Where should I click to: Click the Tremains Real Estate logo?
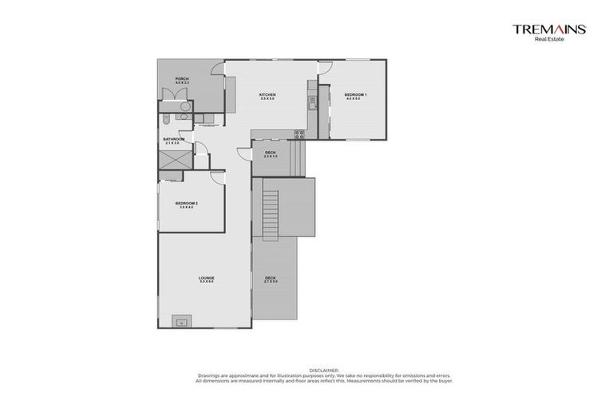pyautogui.click(x=549, y=31)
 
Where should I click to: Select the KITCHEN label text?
pyautogui.click(x=267, y=96)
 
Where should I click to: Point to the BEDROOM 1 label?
pyautogui.click(x=356, y=96)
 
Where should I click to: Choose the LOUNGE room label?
pyautogui.click(x=207, y=279)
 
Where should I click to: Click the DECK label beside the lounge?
pyautogui.click(x=271, y=279)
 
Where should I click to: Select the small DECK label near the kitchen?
pyautogui.click(x=270, y=153)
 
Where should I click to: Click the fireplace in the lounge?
pyautogui.click(x=182, y=322)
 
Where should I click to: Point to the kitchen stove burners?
pyautogui.click(x=299, y=133)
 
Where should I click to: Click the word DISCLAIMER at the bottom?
pyautogui.click(x=323, y=370)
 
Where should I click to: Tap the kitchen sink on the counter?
pyautogui.click(x=312, y=101)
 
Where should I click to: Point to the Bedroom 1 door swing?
pyautogui.click(x=325, y=69)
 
